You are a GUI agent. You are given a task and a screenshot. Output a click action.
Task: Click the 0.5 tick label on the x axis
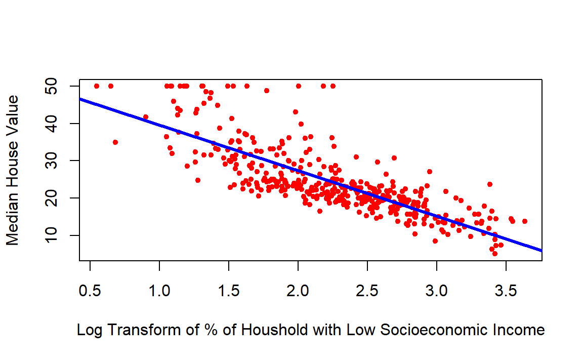[90, 291]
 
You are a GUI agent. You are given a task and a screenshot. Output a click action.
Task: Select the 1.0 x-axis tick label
[159, 291]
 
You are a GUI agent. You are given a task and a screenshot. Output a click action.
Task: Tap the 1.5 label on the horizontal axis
[229, 291]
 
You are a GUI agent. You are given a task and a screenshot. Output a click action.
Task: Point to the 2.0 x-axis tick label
[298, 291]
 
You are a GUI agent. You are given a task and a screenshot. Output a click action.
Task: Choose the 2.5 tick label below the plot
[367, 291]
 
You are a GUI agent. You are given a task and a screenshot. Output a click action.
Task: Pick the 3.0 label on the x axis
[437, 291]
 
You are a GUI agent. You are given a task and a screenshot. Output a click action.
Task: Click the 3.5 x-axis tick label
[506, 291]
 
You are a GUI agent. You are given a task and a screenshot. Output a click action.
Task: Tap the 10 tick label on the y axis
[51, 235]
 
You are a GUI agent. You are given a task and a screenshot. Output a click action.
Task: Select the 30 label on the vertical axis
[51, 161]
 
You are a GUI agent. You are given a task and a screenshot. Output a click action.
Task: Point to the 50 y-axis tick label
[51, 86]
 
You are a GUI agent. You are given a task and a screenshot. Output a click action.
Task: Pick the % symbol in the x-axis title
[211, 330]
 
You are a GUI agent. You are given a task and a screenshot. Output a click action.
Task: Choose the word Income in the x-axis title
[519, 330]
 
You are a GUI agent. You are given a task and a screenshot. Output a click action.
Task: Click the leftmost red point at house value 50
[97, 86]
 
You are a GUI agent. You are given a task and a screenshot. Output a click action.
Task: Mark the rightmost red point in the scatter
[525, 221]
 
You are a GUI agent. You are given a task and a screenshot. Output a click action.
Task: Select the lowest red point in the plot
[494, 254]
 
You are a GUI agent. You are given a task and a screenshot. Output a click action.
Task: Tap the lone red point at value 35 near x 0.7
[115, 142]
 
